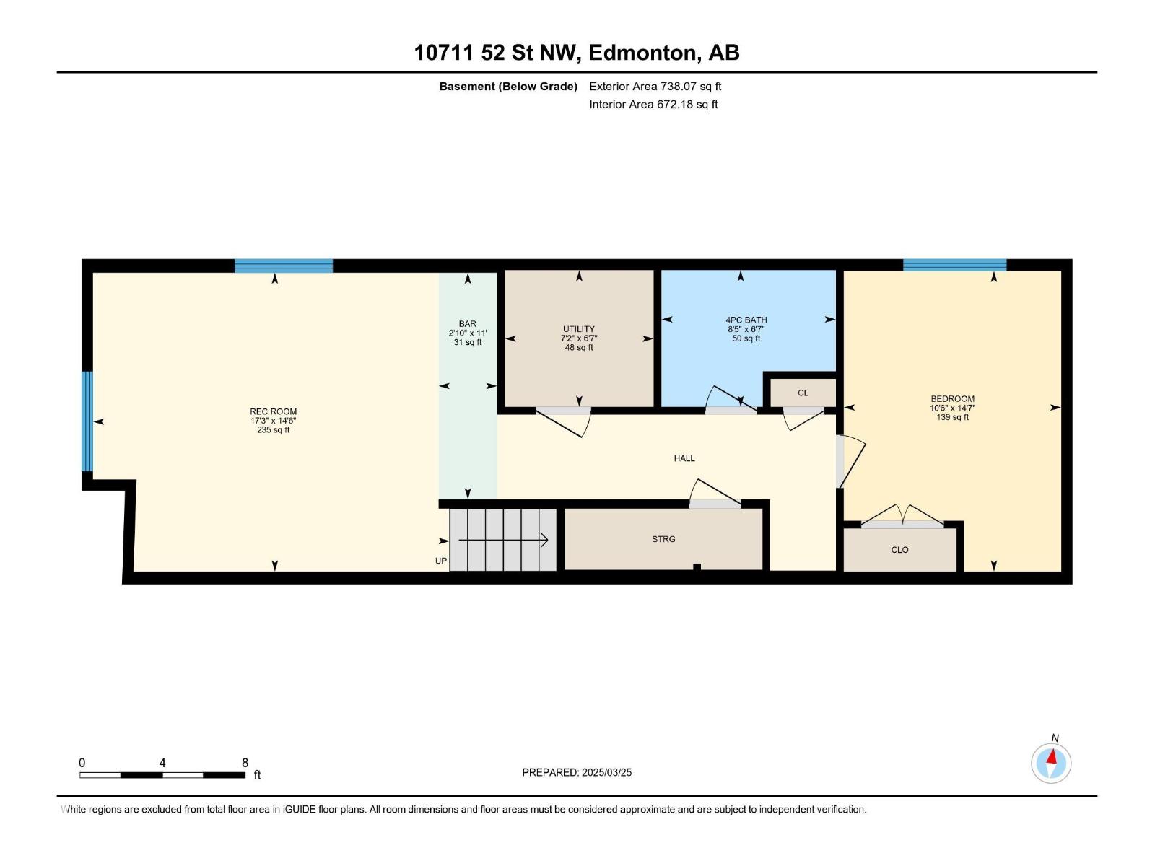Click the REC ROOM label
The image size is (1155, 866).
pyautogui.click(x=273, y=411)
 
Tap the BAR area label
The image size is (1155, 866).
pyautogui.click(x=467, y=324)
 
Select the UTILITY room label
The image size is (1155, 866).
pyautogui.click(x=578, y=329)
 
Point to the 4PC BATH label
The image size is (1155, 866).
pyautogui.click(x=746, y=320)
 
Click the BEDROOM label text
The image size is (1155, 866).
pyautogui.click(x=952, y=398)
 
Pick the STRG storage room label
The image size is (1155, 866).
pyautogui.click(x=663, y=539)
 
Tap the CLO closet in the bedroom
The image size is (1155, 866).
pyautogui.click(x=899, y=550)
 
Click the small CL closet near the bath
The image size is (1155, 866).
pyautogui.click(x=803, y=393)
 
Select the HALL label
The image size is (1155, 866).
pyautogui.click(x=684, y=458)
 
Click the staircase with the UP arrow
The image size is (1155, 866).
pyautogui.click(x=503, y=540)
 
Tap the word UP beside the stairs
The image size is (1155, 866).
pyautogui.click(x=440, y=561)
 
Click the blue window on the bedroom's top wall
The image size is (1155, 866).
pyautogui.click(x=954, y=265)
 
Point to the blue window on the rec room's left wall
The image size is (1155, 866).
pyautogui.click(x=87, y=421)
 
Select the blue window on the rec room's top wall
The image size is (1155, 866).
pyautogui.click(x=283, y=266)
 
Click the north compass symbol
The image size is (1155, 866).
pyautogui.click(x=1051, y=763)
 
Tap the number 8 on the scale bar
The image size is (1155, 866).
pyautogui.click(x=245, y=763)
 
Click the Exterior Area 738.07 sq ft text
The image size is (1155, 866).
pyautogui.click(x=655, y=87)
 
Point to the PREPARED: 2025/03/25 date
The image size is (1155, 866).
pyautogui.click(x=577, y=772)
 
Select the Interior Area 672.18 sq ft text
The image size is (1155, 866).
pyautogui.click(x=653, y=105)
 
